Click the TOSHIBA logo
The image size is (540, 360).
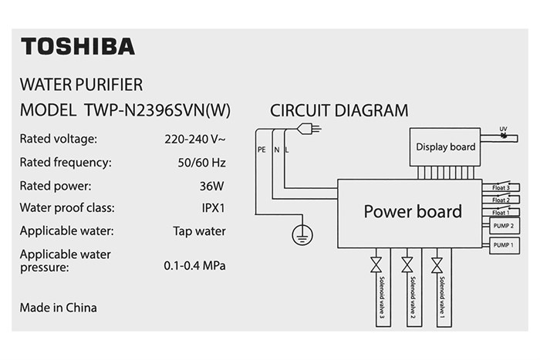pyautogui.click(x=77, y=46)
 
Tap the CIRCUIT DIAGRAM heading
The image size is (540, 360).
pyautogui.click(x=339, y=110)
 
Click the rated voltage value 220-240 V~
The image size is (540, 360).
pyautogui.click(x=194, y=140)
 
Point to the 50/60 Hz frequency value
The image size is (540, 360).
pyautogui.click(x=201, y=163)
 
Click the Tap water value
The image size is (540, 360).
pyautogui.click(x=199, y=231)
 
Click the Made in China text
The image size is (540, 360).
pyautogui.click(x=58, y=308)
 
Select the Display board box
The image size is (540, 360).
pyautogui.click(x=446, y=146)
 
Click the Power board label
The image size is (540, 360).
pyautogui.click(x=413, y=211)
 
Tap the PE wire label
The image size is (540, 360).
pyautogui.click(x=262, y=150)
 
